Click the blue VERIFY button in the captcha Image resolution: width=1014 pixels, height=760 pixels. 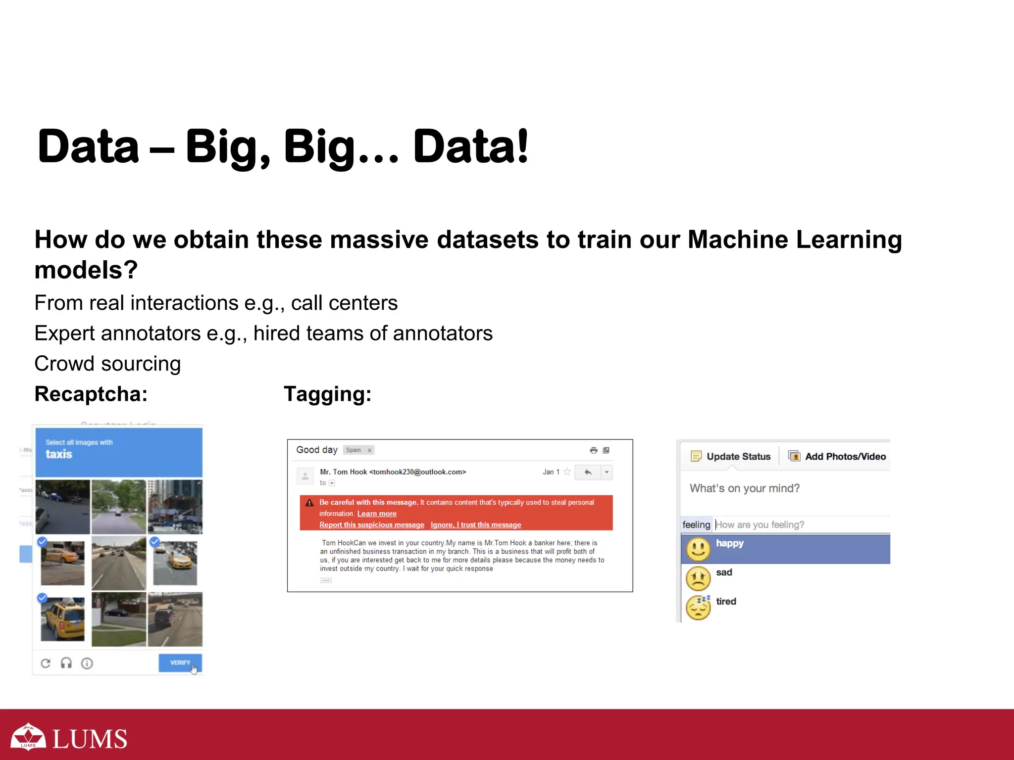[179, 663]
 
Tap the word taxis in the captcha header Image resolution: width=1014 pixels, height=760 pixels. [59, 454]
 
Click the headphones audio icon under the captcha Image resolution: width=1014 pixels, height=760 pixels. [66, 663]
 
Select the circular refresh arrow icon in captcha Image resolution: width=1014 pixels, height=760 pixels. [46, 663]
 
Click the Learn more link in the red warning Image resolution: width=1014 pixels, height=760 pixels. [377, 514]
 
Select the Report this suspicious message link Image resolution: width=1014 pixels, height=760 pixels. [371, 524]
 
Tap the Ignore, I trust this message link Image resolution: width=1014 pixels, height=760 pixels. [475, 524]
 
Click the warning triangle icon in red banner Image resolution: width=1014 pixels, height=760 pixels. [309, 503]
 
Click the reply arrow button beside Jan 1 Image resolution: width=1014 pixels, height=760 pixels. [588, 472]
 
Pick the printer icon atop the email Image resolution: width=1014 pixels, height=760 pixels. [593, 450]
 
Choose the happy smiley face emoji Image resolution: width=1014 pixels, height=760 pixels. [698, 549]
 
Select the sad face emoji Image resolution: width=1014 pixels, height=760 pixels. [698, 577]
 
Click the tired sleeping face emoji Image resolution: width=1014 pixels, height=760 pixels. [698, 607]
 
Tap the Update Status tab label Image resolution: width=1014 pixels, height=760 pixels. [738, 456]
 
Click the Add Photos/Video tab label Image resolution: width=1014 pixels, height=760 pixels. [845, 456]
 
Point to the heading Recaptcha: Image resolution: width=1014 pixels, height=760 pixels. [91, 394]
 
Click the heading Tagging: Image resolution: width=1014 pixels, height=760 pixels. [327, 394]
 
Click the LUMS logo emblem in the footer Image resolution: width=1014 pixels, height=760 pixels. [28, 737]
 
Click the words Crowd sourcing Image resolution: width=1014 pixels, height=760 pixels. [107, 364]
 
